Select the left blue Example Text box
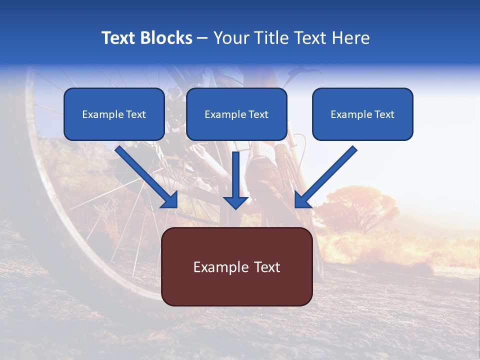pyautogui.click(x=114, y=114)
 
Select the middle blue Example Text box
pyautogui.click(x=236, y=114)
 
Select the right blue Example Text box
pyautogui.click(x=362, y=114)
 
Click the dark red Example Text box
pyautogui.click(x=236, y=267)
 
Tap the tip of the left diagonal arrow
pyautogui.click(x=175, y=205)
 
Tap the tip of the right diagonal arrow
pyautogui.click(x=297, y=205)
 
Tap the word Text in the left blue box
pyautogui.click(x=136, y=114)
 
